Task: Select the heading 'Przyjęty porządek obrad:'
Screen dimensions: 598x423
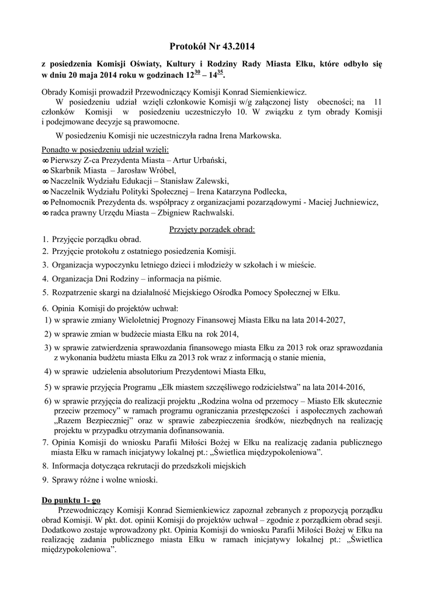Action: pos(212,229)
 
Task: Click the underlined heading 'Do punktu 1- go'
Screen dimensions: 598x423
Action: pos(72,500)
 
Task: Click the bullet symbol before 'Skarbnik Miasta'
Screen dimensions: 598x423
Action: pos(46,171)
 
